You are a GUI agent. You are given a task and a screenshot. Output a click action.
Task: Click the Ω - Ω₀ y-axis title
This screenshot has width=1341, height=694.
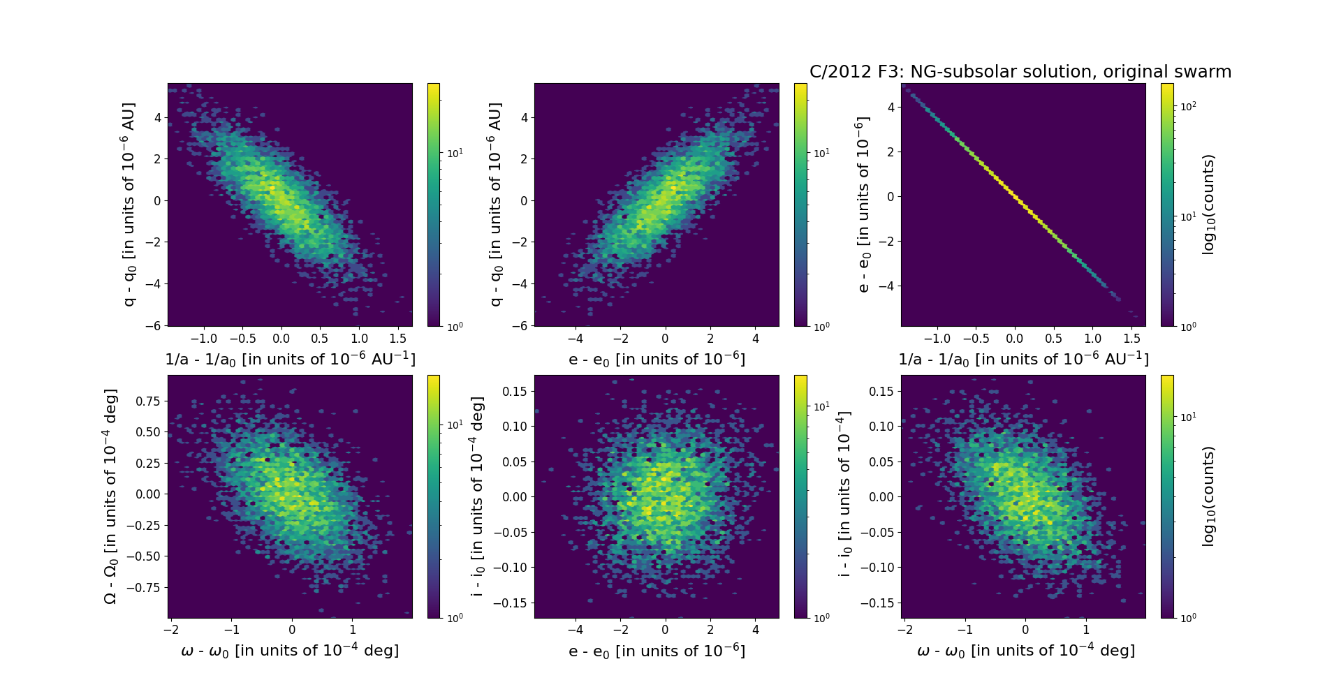(x=110, y=496)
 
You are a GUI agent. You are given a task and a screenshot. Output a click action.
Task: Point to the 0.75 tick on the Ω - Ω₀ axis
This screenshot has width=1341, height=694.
(x=147, y=401)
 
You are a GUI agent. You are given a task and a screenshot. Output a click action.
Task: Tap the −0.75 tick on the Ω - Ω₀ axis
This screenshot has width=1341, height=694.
(x=145, y=588)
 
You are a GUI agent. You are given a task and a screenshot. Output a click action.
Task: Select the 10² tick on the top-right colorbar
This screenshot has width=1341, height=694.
(x=1188, y=107)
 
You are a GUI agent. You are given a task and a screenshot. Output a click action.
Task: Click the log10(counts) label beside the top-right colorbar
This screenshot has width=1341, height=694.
(x=1209, y=205)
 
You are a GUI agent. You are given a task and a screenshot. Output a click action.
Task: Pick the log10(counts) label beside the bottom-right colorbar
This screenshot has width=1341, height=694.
(x=1209, y=496)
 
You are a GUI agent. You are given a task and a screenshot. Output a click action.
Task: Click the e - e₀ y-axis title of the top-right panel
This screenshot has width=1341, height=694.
(x=864, y=205)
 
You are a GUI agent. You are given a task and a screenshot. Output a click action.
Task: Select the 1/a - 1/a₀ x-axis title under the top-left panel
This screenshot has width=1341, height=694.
(x=290, y=359)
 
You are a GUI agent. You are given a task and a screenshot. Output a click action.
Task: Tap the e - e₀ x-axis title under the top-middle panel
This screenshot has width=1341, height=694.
(x=657, y=359)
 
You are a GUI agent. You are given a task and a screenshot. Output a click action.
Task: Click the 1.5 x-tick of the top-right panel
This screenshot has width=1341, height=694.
(x=1131, y=339)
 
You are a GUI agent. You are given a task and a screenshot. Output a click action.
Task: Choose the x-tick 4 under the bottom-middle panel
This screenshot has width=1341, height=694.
(x=755, y=630)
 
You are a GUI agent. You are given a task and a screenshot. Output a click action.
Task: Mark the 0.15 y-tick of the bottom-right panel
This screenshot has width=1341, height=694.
(x=881, y=391)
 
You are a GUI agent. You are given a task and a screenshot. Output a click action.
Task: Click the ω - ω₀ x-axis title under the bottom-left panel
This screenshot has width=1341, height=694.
(x=290, y=651)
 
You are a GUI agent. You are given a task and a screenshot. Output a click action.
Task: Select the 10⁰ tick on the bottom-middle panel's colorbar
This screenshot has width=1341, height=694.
(x=821, y=618)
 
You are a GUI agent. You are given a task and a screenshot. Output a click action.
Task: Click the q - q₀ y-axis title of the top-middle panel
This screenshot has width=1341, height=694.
(x=496, y=205)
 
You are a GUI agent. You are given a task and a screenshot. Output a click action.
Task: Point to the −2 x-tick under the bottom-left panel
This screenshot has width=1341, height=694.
(x=171, y=630)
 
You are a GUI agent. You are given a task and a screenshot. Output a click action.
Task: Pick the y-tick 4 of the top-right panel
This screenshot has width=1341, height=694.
(x=891, y=107)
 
